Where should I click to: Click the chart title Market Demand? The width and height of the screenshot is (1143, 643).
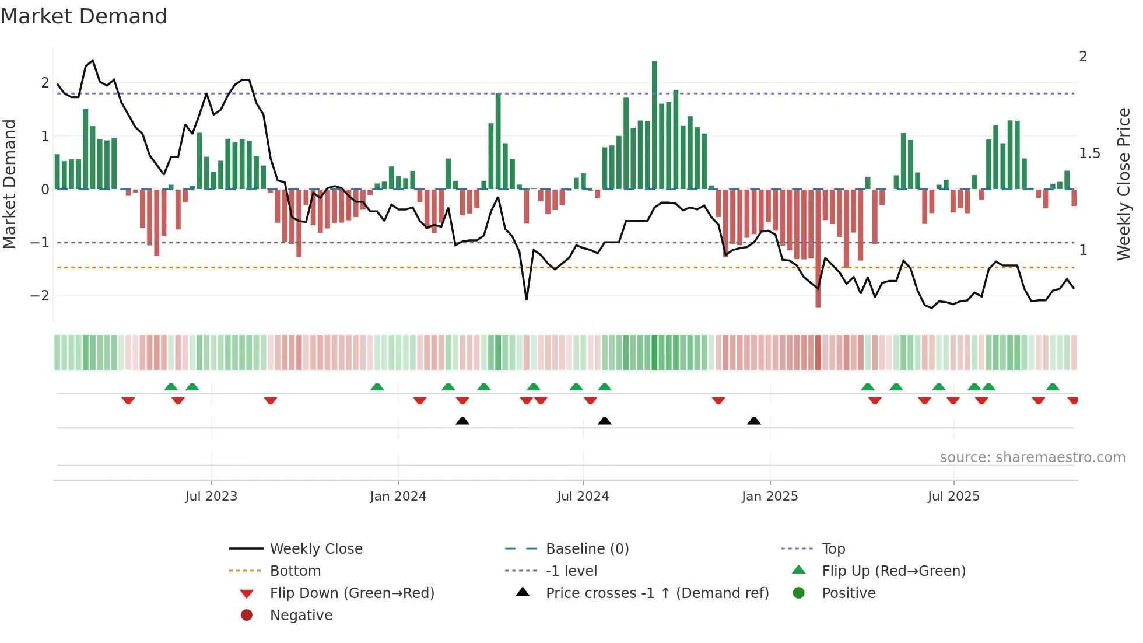click(84, 16)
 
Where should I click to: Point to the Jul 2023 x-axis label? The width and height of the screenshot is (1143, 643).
click(211, 497)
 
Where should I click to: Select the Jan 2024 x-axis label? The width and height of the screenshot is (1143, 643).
click(398, 497)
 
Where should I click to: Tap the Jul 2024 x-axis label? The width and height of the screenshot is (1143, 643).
click(583, 497)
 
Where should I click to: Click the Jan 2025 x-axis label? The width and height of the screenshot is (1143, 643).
click(770, 497)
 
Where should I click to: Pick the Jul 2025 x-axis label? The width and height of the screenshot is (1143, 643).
click(953, 497)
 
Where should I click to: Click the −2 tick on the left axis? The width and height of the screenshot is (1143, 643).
click(40, 296)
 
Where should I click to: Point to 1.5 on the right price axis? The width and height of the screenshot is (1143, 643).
click(1089, 153)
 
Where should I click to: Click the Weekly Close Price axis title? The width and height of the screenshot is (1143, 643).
click(1123, 184)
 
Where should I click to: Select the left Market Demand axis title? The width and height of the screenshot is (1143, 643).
click(9, 184)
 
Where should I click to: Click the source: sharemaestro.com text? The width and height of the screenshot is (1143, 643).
click(1032, 457)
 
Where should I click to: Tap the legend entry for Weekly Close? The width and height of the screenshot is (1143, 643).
click(315, 549)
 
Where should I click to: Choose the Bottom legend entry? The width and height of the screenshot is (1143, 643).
click(295, 571)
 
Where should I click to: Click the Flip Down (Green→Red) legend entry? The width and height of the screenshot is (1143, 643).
click(352, 593)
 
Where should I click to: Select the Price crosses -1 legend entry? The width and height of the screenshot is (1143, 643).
click(657, 593)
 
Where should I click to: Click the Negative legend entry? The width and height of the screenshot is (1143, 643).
click(301, 616)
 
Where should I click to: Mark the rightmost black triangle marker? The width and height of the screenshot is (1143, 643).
click(754, 421)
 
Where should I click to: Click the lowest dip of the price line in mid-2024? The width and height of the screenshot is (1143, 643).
click(527, 299)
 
